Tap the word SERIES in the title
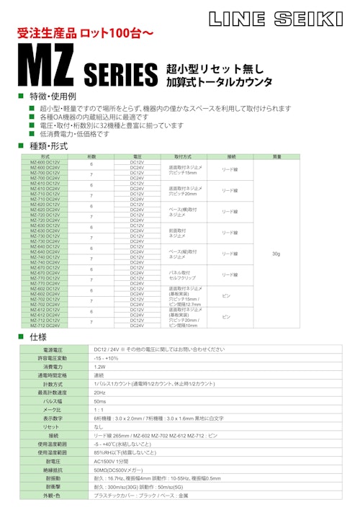click(121, 74)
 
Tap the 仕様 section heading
click(38, 337)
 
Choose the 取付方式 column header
click(183, 156)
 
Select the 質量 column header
click(277, 156)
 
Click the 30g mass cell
click(277, 254)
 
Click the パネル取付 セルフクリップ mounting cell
click(182, 274)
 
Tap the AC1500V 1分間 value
click(110, 460)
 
